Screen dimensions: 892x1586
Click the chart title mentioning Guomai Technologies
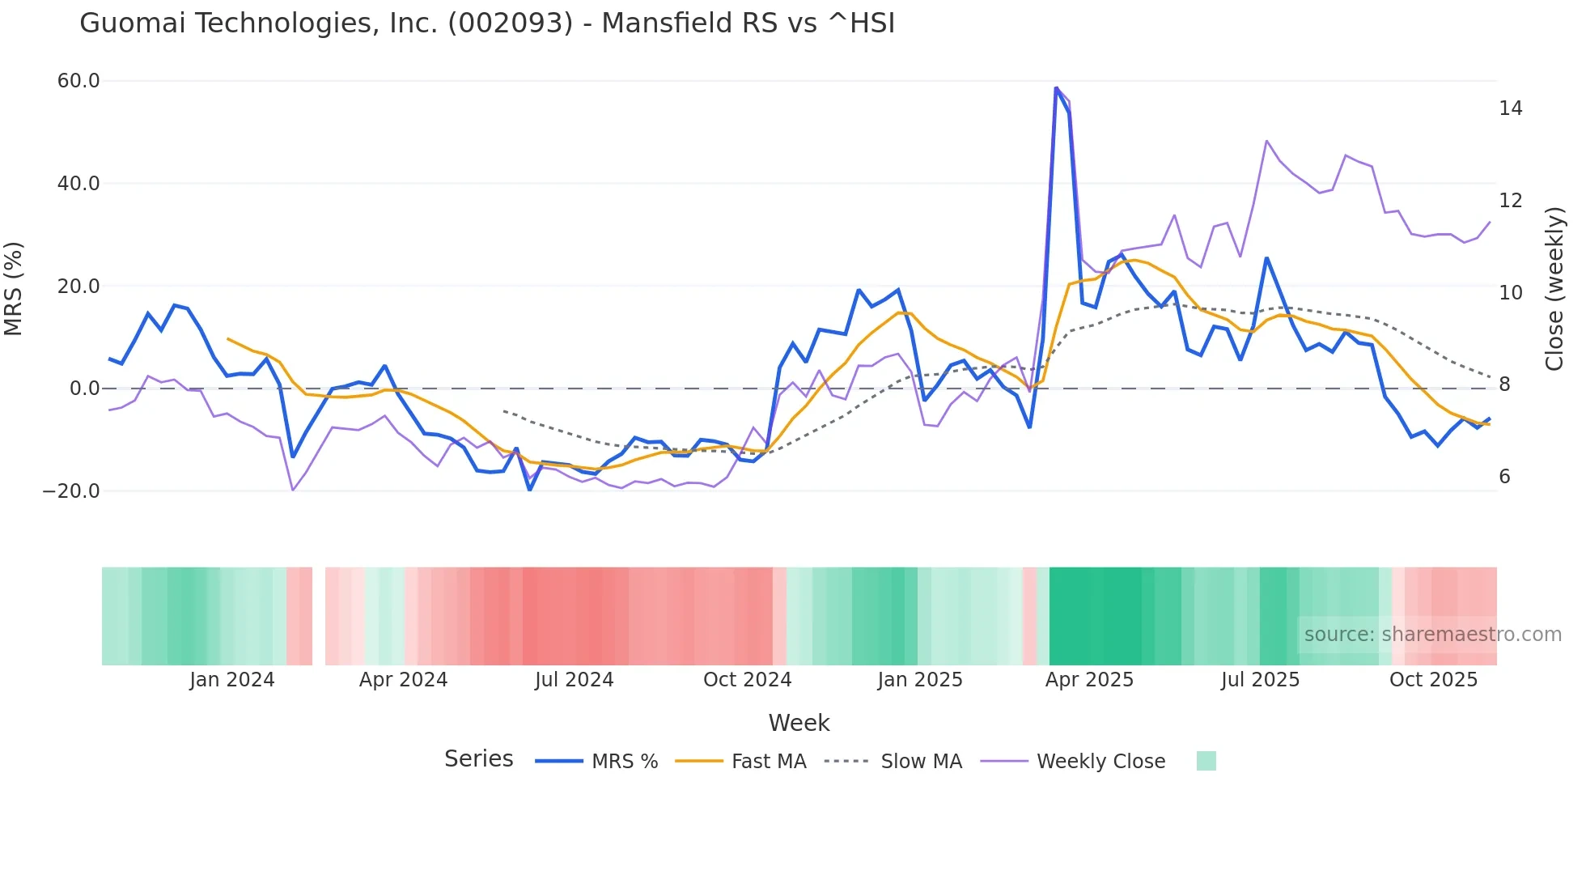[x=487, y=23]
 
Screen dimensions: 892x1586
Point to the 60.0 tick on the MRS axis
[x=78, y=81]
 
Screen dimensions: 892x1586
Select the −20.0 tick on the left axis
[x=71, y=491]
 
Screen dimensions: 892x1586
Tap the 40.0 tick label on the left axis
[x=78, y=184]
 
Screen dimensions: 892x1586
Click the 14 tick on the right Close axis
[x=1510, y=108]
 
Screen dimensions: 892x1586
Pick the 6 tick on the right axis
[x=1504, y=477]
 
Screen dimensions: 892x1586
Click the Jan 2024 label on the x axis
[x=232, y=680]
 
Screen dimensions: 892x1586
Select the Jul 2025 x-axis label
[x=1260, y=680]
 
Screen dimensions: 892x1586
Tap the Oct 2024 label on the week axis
[x=747, y=680]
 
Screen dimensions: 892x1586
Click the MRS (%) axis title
[x=14, y=288]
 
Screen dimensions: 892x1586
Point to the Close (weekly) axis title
[x=1554, y=288]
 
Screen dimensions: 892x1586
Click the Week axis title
[x=799, y=723]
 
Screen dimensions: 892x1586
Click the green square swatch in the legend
[x=1206, y=761]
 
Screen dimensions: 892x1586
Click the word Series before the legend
[x=478, y=759]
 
